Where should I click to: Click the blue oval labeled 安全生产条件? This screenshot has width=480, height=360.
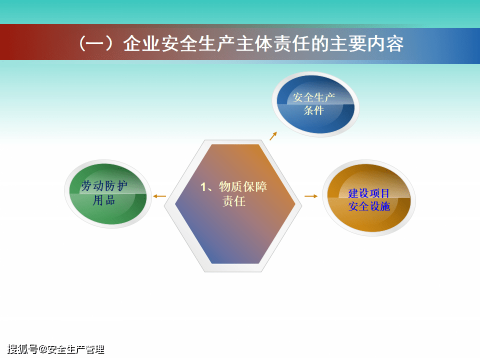(315, 104)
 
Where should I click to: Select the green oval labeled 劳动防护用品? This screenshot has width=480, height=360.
(108, 193)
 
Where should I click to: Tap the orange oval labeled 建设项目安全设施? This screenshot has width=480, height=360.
(369, 198)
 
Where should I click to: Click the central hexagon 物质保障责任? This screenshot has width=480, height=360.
(234, 204)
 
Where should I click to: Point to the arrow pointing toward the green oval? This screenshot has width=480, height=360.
(159, 196)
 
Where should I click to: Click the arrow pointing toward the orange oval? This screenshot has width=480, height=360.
(311, 196)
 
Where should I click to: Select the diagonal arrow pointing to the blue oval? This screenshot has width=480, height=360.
(273, 136)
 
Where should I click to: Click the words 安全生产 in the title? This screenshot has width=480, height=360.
(199, 43)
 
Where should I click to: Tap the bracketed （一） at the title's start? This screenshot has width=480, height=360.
(98, 43)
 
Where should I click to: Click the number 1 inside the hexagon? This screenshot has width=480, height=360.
(203, 187)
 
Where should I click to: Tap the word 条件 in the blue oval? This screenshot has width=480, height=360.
(314, 110)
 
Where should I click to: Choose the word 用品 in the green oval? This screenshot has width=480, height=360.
(104, 200)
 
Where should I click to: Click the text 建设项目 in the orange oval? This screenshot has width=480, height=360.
(369, 193)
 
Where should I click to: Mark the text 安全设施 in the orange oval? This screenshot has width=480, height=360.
(369, 205)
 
